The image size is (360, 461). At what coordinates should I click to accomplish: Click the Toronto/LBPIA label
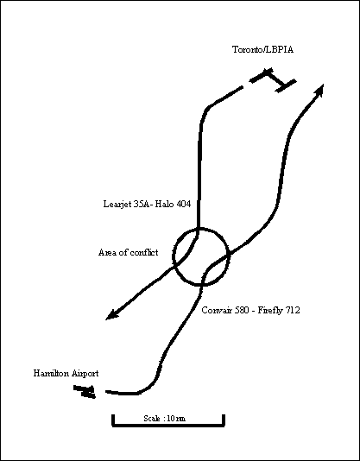pos(262,49)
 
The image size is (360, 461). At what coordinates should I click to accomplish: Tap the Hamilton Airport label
pos(66,374)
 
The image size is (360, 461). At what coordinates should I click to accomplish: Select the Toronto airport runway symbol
pos(272,79)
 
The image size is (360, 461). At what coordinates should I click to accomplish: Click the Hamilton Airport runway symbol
pos(85,392)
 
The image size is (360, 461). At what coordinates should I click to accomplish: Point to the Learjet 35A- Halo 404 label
pos(147,204)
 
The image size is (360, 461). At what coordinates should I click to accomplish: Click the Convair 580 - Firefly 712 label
pos(250,310)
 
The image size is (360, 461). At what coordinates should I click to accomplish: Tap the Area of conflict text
pos(129,252)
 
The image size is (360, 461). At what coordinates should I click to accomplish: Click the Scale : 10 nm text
pos(164,419)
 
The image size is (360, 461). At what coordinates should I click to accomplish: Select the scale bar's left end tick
pos(113,420)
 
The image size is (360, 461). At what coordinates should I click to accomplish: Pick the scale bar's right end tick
pos(224,420)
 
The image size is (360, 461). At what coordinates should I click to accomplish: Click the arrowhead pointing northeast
pos(319,90)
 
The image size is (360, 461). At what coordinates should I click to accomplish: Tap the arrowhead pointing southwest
pos(112,315)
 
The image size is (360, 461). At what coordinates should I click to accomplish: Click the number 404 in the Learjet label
pos(184,204)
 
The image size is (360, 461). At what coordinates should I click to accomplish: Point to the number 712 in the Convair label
pos(293,310)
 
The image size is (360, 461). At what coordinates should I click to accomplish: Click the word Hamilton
pos(50,373)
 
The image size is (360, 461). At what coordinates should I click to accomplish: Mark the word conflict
pos(144,252)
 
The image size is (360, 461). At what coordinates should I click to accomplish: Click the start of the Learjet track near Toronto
pos(243,87)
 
